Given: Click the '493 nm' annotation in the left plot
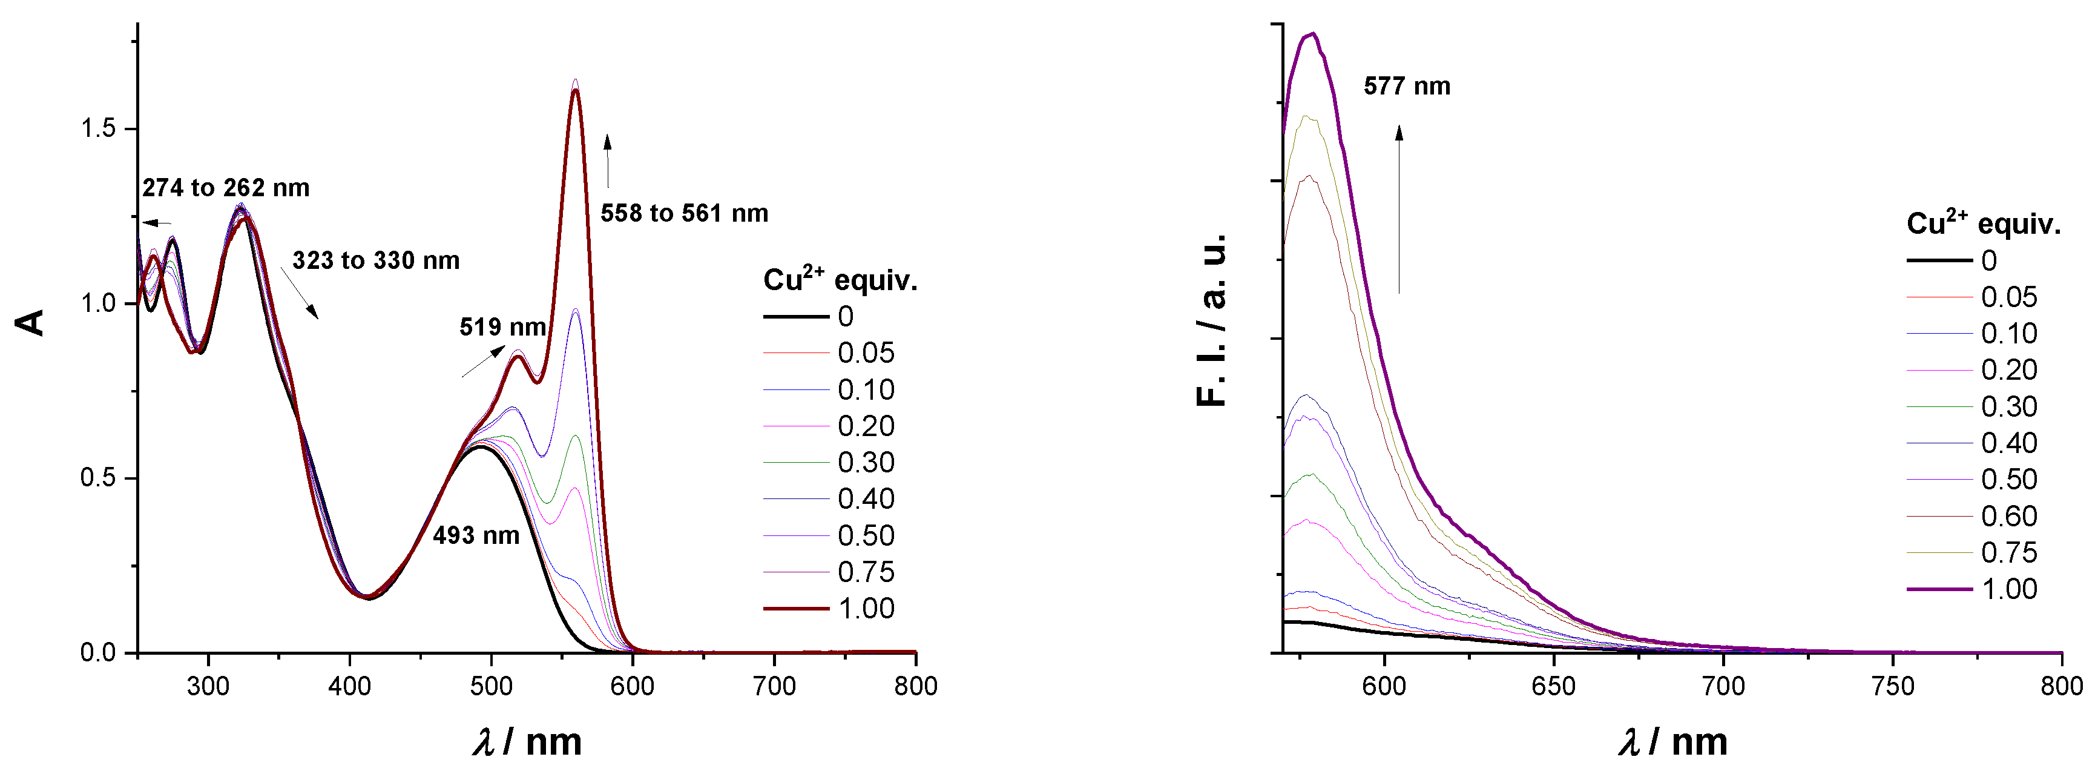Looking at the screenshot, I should (476, 535).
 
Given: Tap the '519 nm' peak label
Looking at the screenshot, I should (502, 327).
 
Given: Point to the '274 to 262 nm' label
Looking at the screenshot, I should (226, 188).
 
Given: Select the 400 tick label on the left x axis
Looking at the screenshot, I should (349, 686).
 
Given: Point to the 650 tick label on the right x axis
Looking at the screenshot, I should (1553, 686).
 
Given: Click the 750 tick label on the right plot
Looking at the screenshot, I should (1892, 686).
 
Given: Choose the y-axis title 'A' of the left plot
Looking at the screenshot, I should (31, 323).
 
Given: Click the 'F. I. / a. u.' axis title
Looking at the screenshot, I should (1212, 320).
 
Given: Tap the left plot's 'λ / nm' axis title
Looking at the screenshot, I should (528, 742).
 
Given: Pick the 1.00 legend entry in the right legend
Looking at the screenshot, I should (2008, 589).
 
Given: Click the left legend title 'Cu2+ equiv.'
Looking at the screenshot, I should (840, 280).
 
